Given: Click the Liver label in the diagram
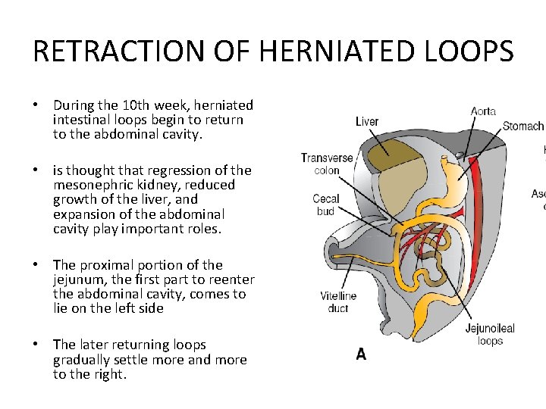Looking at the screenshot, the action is pos(367,121).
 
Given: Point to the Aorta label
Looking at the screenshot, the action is pos(483,111).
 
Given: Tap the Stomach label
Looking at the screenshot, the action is pos(523,126).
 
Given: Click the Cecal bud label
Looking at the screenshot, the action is pos(326,204).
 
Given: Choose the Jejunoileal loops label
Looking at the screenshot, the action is pos(490,334).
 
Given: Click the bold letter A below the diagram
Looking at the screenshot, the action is pos(361,354).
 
